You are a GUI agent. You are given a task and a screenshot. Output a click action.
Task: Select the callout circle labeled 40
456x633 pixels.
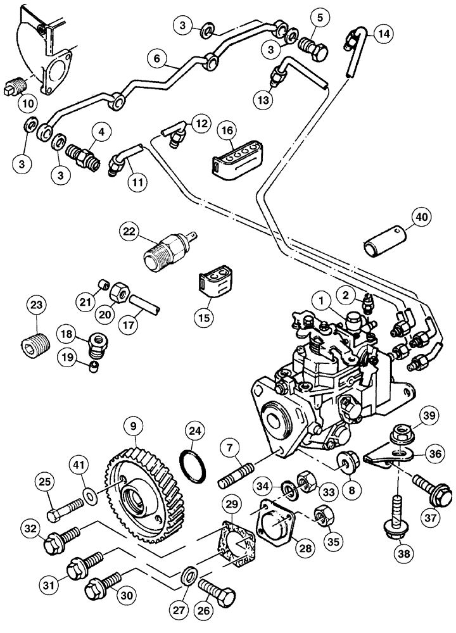coord(419,217)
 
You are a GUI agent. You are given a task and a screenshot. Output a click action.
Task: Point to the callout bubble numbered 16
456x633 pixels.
coord(227,130)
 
